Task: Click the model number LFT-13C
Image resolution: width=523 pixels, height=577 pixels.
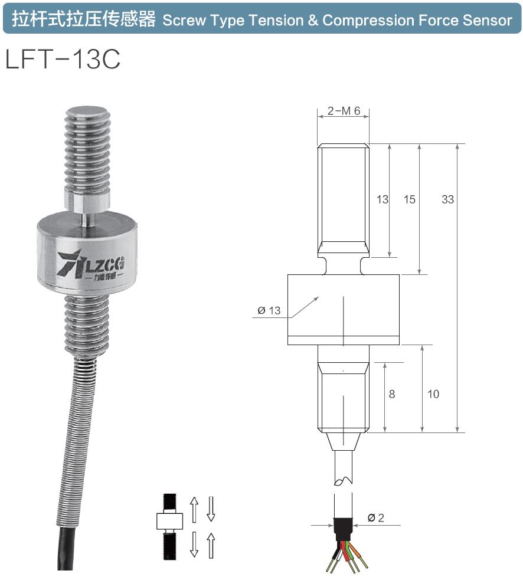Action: pos(63,59)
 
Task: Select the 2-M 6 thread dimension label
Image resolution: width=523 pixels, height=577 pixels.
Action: pos(343,111)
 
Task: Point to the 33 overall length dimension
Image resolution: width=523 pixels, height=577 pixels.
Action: pos(447,199)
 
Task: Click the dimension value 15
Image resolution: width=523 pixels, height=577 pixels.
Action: pos(409,199)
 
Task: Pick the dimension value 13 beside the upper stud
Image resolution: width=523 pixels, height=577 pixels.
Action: pos(383,199)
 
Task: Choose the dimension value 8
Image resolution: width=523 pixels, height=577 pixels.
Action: pos(392,394)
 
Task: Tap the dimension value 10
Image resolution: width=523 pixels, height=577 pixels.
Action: pos(433,394)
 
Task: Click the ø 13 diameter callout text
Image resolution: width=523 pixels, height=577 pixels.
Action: pos(269,311)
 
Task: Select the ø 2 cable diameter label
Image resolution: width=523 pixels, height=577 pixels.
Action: pos(375,518)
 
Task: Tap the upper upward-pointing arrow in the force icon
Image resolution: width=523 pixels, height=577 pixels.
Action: pos(194,509)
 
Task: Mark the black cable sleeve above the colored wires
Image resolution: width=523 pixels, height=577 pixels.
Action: pos(343,527)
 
